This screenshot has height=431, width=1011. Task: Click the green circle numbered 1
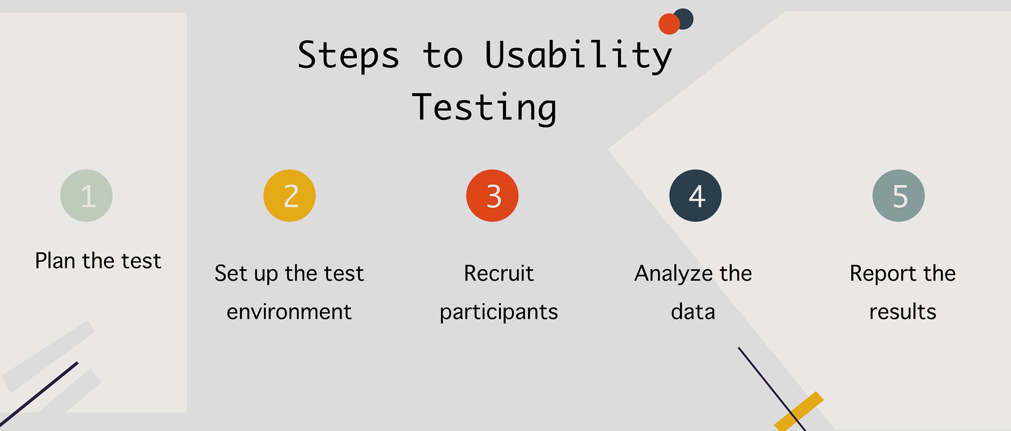click(x=86, y=196)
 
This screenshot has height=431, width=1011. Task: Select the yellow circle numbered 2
click(x=290, y=196)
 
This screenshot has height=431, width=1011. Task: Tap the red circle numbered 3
click(x=492, y=196)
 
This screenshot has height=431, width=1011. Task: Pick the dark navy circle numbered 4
click(x=696, y=196)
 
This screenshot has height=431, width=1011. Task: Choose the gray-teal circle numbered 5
click(x=899, y=196)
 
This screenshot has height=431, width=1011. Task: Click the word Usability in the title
click(x=578, y=56)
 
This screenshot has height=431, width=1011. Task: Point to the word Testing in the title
click(x=484, y=108)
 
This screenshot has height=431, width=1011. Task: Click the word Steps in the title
click(x=348, y=56)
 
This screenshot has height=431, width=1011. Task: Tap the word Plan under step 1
click(x=55, y=261)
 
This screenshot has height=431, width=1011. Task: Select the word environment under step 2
click(x=289, y=312)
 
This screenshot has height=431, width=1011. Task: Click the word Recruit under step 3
click(x=498, y=274)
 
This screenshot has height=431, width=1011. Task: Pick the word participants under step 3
click(x=498, y=312)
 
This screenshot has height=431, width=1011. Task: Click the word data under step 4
click(x=693, y=312)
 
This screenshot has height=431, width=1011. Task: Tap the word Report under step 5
click(x=883, y=274)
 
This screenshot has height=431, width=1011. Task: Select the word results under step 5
click(x=903, y=312)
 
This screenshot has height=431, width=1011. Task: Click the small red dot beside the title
click(x=668, y=24)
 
